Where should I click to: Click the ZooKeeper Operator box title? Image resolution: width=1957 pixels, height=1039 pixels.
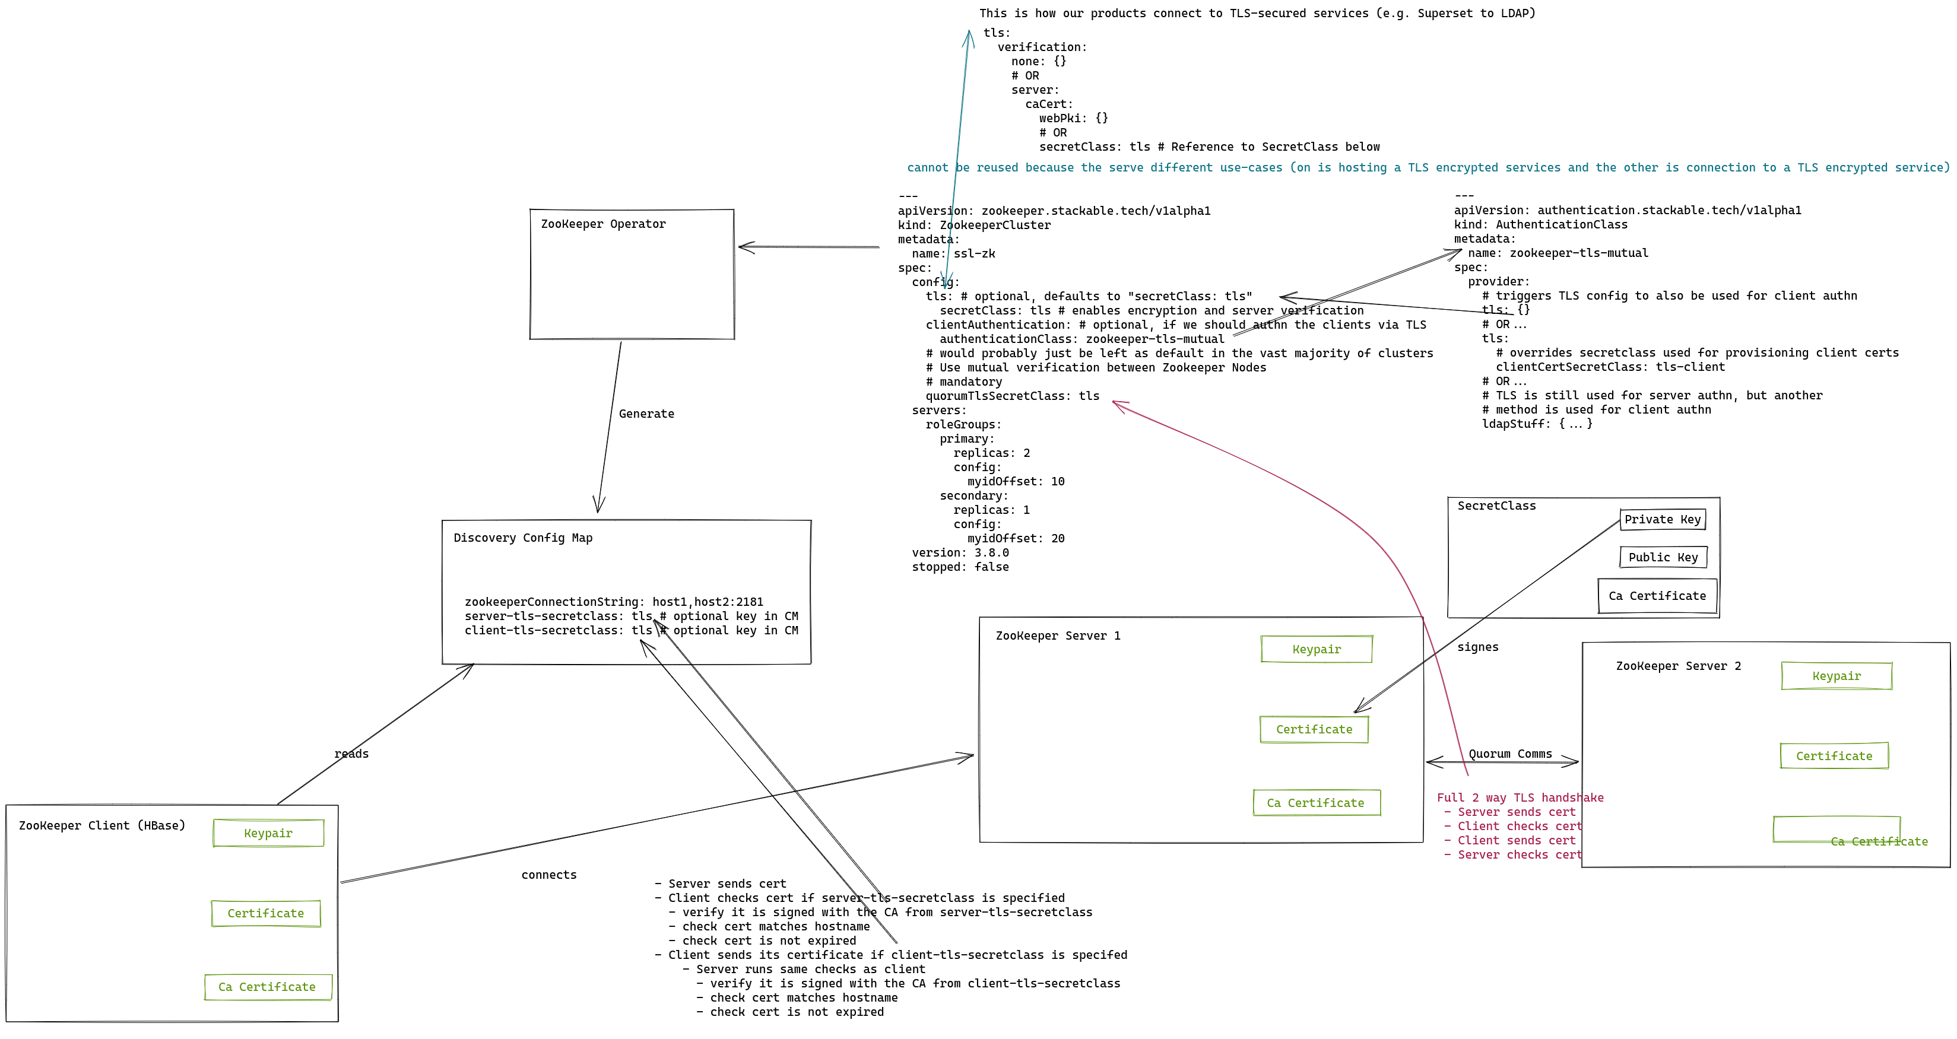(603, 224)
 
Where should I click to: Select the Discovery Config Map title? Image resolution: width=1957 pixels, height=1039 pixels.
(523, 538)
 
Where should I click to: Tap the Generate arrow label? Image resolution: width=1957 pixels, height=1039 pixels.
(646, 414)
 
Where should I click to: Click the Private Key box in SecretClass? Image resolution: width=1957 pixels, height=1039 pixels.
(1662, 520)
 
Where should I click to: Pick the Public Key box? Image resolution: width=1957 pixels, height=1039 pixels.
(1663, 557)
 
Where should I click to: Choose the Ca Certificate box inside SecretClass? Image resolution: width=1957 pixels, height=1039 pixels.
(1657, 596)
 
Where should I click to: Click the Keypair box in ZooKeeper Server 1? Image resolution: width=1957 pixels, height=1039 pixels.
(1317, 649)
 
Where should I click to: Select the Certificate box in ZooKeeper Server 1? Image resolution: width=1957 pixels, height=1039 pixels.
(1314, 729)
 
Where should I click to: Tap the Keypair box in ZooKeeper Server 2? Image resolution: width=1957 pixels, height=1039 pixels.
(1836, 676)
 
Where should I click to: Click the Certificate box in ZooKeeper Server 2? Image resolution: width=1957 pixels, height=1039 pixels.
(1834, 756)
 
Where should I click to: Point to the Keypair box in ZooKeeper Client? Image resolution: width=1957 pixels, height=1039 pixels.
(268, 833)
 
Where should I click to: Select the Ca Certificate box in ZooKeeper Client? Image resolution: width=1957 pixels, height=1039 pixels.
(268, 987)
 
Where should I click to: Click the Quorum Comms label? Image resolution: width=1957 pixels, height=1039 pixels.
(1510, 754)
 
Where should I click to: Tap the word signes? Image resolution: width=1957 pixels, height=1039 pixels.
(1477, 647)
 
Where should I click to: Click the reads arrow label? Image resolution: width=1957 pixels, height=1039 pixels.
(351, 754)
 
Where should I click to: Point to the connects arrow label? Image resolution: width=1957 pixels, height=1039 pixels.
(548, 875)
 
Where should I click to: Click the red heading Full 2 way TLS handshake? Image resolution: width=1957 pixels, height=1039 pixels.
(1520, 797)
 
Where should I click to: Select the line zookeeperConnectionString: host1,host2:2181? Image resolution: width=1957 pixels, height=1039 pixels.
(614, 602)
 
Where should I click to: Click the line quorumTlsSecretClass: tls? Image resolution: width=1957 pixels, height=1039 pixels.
(1012, 396)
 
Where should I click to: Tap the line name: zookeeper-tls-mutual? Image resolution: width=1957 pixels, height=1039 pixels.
(1558, 253)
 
